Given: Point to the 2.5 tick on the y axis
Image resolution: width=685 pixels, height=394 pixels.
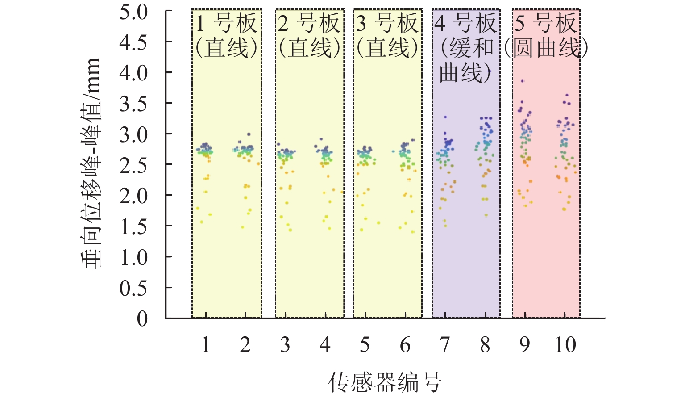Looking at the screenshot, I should (133, 165).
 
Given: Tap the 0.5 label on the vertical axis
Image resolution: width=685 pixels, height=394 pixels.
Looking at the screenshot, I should (133, 288).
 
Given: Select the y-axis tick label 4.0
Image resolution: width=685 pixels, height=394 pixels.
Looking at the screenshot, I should (133, 73).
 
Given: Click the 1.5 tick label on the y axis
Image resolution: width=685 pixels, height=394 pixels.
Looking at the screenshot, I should (133, 226).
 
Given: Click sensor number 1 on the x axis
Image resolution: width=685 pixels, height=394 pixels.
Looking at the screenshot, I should (205, 345).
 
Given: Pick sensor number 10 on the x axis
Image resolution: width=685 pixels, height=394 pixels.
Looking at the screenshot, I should (565, 345).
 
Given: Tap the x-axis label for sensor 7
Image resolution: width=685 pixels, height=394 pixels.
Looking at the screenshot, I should (445, 345).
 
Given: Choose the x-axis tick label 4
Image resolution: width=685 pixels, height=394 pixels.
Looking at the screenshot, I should (325, 345).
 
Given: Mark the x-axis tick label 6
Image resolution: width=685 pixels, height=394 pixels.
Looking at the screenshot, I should (405, 345).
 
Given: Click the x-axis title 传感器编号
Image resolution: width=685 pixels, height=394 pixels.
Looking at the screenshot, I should (385, 382).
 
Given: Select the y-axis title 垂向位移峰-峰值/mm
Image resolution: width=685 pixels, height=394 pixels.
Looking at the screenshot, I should (91, 163).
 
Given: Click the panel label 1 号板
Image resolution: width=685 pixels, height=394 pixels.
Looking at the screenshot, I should (227, 23).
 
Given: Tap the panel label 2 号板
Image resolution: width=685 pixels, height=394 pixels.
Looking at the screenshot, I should (309, 23).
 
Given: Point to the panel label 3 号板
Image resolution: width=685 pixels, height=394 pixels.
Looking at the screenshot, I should (387, 23).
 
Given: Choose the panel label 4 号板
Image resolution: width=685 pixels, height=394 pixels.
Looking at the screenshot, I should (466, 23).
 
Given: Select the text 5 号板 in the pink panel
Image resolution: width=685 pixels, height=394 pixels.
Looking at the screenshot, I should (546, 23).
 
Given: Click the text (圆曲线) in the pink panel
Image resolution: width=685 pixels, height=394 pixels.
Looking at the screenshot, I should (546, 48).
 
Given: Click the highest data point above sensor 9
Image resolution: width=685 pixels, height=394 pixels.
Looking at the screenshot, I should (522, 81).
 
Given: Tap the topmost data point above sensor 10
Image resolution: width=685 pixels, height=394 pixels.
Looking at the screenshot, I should (567, 95).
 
